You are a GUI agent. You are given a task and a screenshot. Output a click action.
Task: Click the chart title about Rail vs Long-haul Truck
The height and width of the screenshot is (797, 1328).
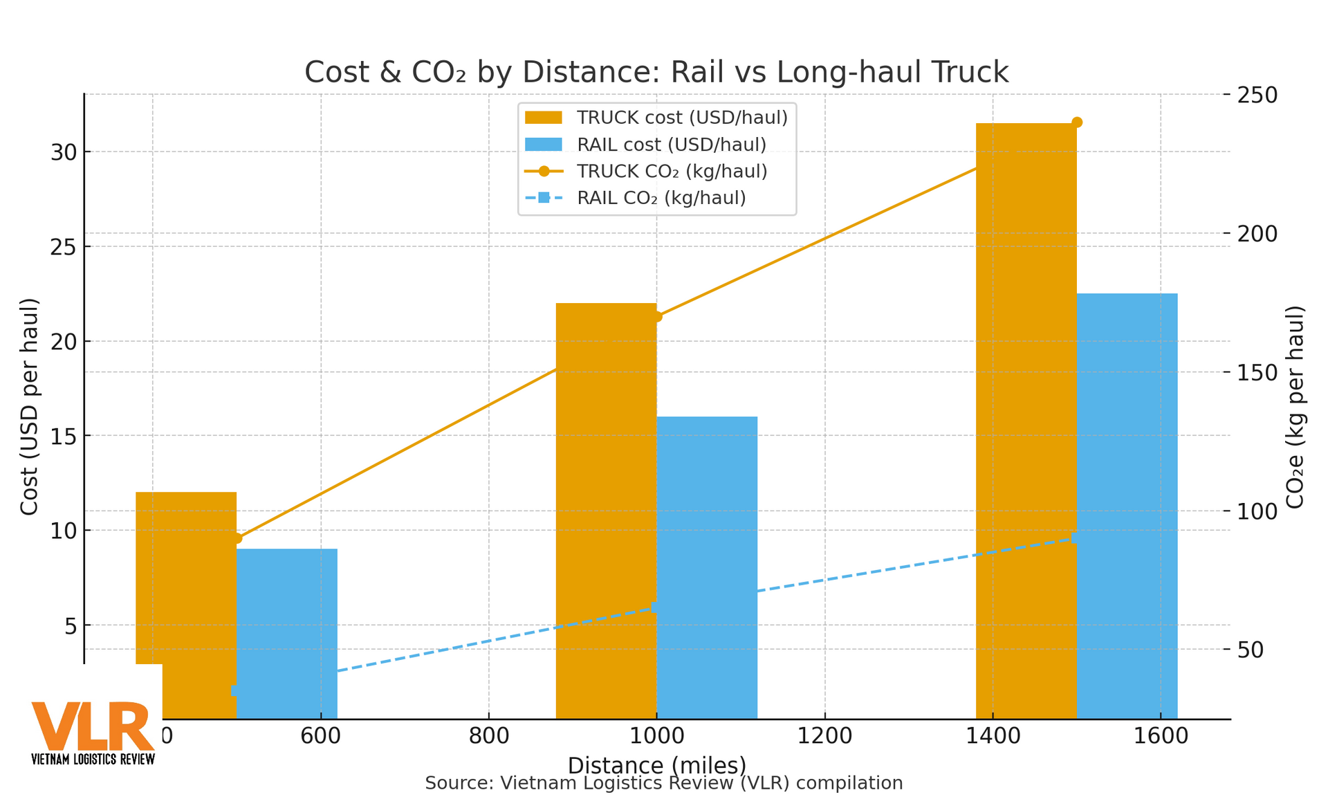click(656, 73)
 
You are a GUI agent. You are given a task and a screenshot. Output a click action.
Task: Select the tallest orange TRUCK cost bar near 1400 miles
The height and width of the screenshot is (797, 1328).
click(1026, 415)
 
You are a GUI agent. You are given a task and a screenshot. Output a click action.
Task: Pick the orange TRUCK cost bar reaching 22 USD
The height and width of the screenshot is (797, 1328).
click(606, 512)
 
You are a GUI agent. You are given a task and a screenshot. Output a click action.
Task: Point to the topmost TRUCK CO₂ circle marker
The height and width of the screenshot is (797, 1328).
click(1076, 122)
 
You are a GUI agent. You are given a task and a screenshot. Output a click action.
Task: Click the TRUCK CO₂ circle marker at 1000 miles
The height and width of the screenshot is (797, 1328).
click(656, 316)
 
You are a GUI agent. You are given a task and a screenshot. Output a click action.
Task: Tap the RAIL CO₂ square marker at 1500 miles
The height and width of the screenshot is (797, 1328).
click(1076, 538)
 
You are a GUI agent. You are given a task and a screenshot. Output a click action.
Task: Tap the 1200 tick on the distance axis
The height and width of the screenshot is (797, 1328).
click(824, 736)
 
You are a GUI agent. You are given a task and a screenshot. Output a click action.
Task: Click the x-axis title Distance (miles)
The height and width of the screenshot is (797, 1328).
click(656, 764)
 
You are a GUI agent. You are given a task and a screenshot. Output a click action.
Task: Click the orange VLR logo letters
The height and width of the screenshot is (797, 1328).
click(93, 726)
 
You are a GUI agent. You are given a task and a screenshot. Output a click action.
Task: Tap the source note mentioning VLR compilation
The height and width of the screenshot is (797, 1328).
click(663, 783)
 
